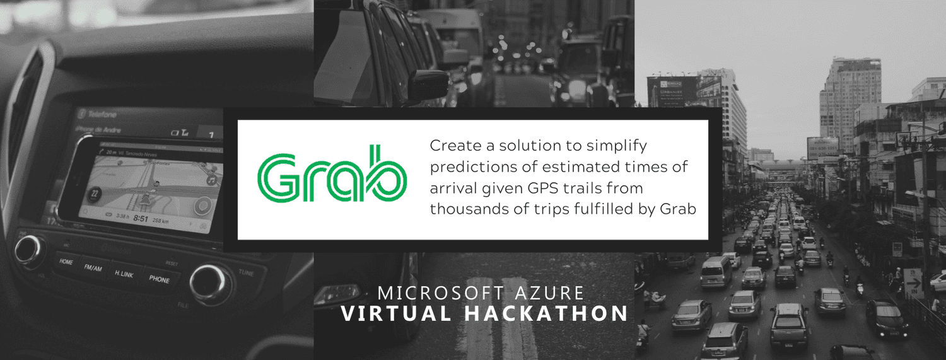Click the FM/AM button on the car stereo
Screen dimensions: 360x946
click(93, 267)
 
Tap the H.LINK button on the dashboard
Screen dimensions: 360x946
click(124, 274)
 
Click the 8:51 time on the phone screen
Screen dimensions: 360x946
click(141, 219)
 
